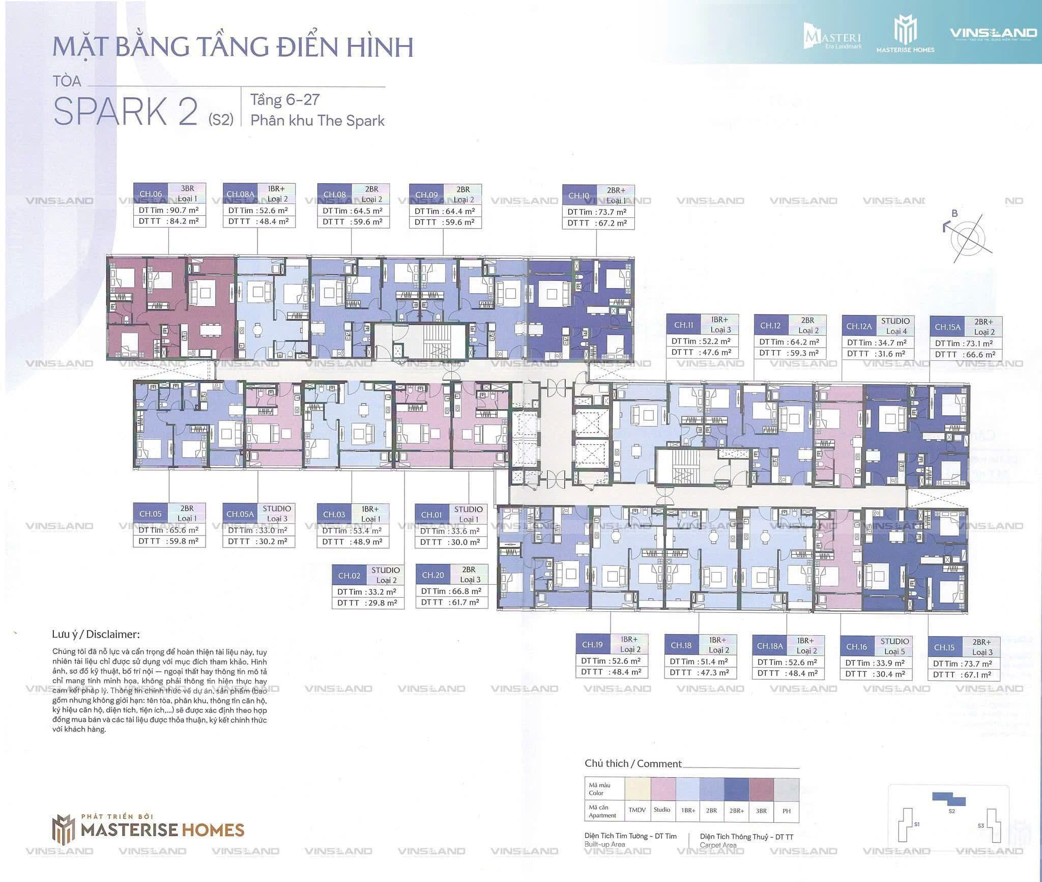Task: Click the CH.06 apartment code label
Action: [151, 194]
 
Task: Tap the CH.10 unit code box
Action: [578, 196]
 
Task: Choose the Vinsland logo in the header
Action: [993, 34]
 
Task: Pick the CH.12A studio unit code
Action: [859, 326]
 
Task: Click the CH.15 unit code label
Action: [944, 647]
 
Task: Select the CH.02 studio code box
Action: [349, 576]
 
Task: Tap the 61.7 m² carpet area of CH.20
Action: [464, 602]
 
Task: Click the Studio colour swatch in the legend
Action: [662, 789]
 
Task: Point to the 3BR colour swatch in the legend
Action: [761, 789]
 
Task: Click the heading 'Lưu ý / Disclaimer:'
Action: [96, 635]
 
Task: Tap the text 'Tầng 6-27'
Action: [284, 99]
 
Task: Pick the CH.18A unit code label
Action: [769, 646]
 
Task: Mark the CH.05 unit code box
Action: [150, 514]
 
